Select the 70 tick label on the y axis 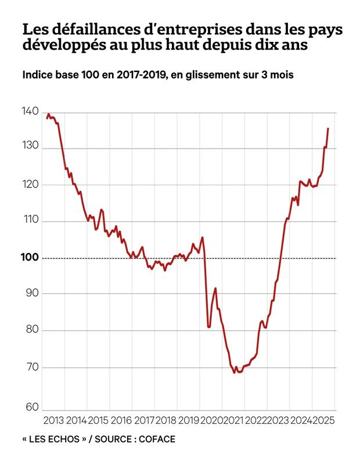32,367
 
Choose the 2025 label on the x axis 323,420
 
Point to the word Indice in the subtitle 38,75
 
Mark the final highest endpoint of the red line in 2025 328,128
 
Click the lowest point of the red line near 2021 235,372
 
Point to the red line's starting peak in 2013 49,114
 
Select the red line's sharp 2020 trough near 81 209,327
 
